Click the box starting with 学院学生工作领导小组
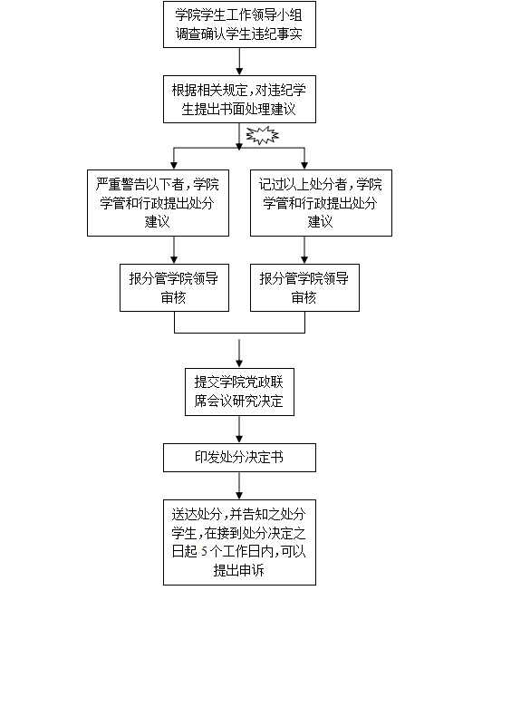point(239,24)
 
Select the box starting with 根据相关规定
point(239,99)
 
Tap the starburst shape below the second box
point(262,135)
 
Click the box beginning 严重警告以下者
point(158,203)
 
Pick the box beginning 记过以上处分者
point(321,203)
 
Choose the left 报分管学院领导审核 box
point(174,287)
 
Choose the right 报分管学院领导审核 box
point(304,287)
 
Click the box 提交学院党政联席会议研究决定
point(239,392)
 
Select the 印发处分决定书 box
point(239,458)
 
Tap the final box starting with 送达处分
point(239,542)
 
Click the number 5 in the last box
point(204,551)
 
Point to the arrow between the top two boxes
point(239,62)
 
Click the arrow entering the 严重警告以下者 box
point(174,159)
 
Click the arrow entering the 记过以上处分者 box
point(304,159)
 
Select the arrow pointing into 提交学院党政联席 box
point(239,353)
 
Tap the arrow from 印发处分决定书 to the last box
point(239,486)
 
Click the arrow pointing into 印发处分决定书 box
point(239,430)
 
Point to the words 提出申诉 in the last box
point(239,570)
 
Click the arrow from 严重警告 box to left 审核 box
point(174,250)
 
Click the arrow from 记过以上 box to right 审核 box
point(304,250)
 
